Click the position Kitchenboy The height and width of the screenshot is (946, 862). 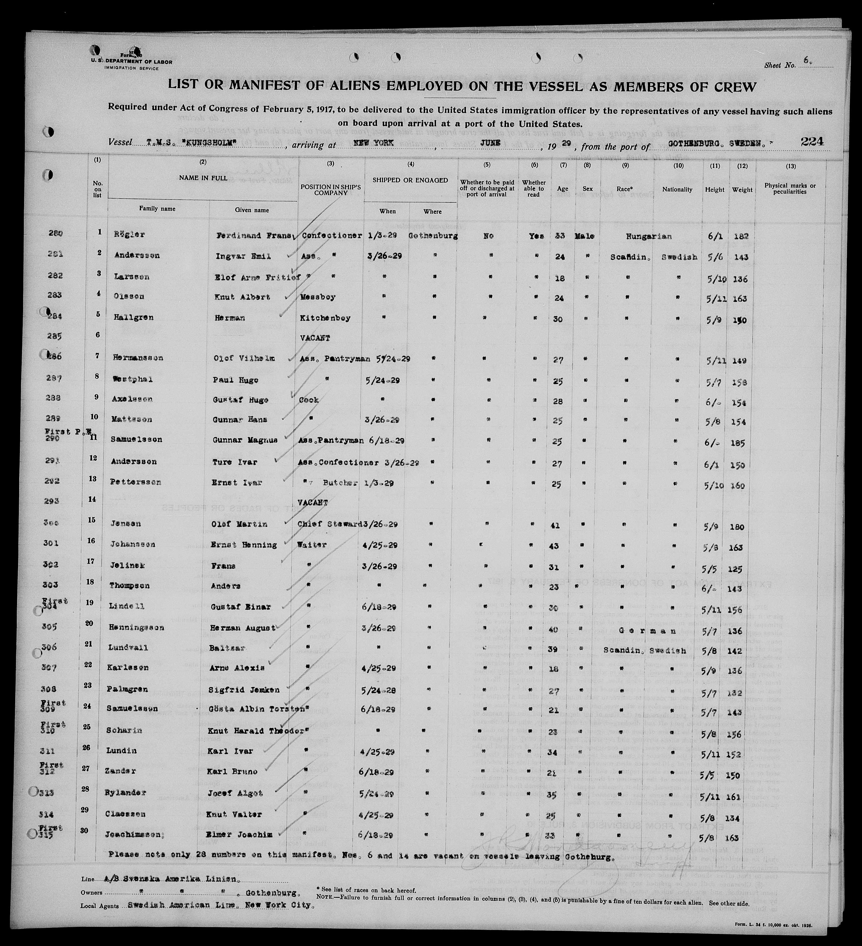(325, 318)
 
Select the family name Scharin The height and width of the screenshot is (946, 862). (124, 731)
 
